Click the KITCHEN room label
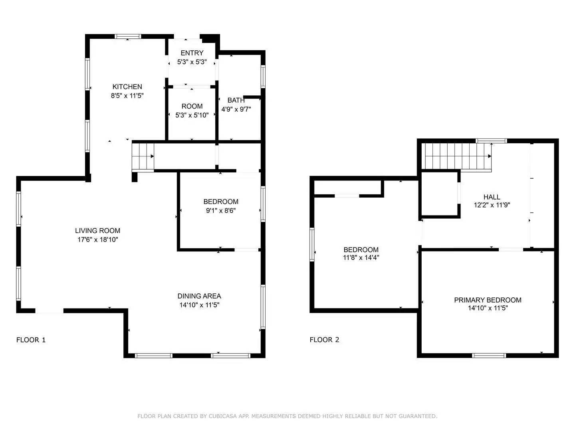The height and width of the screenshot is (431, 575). [x=127, y=87]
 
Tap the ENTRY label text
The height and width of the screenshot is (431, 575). [x=192, y=53]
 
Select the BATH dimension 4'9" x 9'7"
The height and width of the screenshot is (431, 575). [x=236, y=109]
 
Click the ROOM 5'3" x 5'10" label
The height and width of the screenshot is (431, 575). [x=192, y=111]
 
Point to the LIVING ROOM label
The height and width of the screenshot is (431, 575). [x=97, y=231]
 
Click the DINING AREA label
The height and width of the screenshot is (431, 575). [x=199, y=296]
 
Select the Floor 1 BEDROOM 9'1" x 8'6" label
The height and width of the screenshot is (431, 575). [x=220, y=206]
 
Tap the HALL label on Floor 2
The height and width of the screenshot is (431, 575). [x=492, y=197]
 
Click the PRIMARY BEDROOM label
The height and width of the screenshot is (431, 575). [x=488, y=300]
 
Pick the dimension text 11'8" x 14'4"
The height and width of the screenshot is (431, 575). [x=361, y=258]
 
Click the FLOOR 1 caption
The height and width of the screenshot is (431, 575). [x=31, y=340]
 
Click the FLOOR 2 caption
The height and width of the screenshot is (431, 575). [x=324, y=340]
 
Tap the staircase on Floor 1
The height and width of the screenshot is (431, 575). [x=143, y=157]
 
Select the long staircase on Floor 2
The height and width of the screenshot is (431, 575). [x=458, y=156]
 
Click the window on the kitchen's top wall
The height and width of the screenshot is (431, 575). [x=128, y=36]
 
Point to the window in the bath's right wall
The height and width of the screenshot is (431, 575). [x=263, y=76]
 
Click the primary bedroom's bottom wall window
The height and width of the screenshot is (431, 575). [x=489, y=355]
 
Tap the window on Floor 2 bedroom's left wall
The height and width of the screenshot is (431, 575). [x=312, y=244]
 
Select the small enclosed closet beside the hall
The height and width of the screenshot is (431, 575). [x=439, y=194]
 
